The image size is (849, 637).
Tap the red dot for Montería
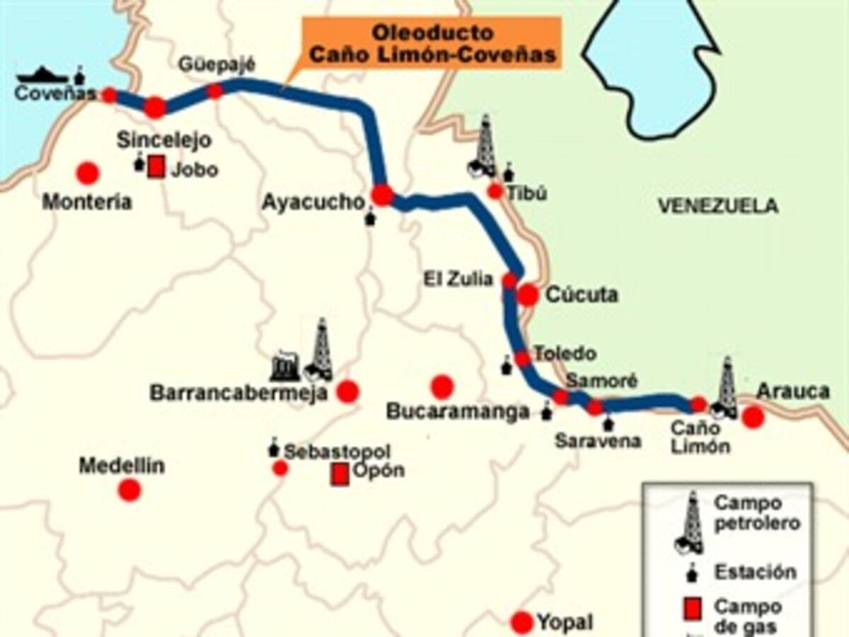87,173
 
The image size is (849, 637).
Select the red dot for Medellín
129,490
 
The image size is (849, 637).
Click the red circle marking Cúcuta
528,295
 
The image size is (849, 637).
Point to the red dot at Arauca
753,417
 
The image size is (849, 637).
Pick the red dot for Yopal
522,622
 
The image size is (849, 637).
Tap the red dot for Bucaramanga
442,386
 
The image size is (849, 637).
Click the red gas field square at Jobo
156,168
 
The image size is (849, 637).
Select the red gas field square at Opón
340,474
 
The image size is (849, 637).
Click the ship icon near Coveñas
42,74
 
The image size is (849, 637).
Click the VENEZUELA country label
717,206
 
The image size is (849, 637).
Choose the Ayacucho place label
312,202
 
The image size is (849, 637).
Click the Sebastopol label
337,451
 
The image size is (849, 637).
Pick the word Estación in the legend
755,572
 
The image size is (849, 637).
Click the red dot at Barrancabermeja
347,391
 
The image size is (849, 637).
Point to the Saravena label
598,440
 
